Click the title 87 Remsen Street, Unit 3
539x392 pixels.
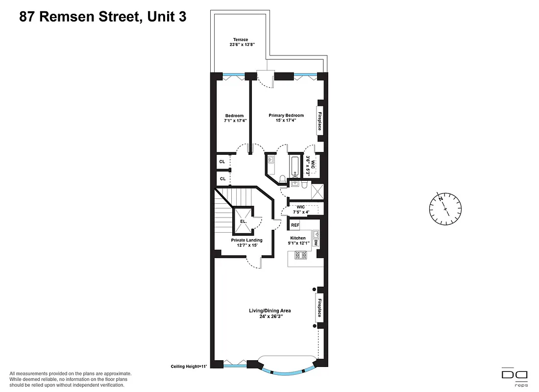pos(103,17)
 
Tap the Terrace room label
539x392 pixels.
pos(240,40)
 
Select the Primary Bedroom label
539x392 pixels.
pos(286,116)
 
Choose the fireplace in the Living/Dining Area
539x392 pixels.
pos(319,307)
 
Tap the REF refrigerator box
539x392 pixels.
pos(295,225)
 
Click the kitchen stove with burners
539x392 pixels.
pos(299,255)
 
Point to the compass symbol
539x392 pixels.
pos(445,209)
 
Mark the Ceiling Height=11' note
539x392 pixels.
pos(189,367)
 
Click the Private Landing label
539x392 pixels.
pos(247,240)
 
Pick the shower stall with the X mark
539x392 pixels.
pos(317,191)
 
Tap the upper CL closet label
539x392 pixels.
pos(222,162)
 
